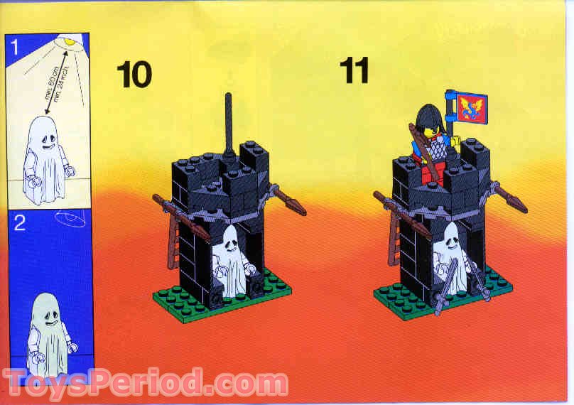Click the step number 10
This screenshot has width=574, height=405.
(x=134, y=74)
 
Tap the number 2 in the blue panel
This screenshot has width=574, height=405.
(x=19, y=224)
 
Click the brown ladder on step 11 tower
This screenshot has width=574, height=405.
(x=394, y=242)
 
